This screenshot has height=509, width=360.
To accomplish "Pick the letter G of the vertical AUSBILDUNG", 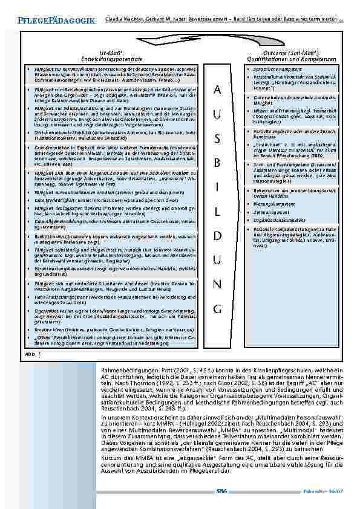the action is (x=218, y=309).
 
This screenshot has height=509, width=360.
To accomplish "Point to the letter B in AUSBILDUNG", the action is (x=218, y=163).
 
